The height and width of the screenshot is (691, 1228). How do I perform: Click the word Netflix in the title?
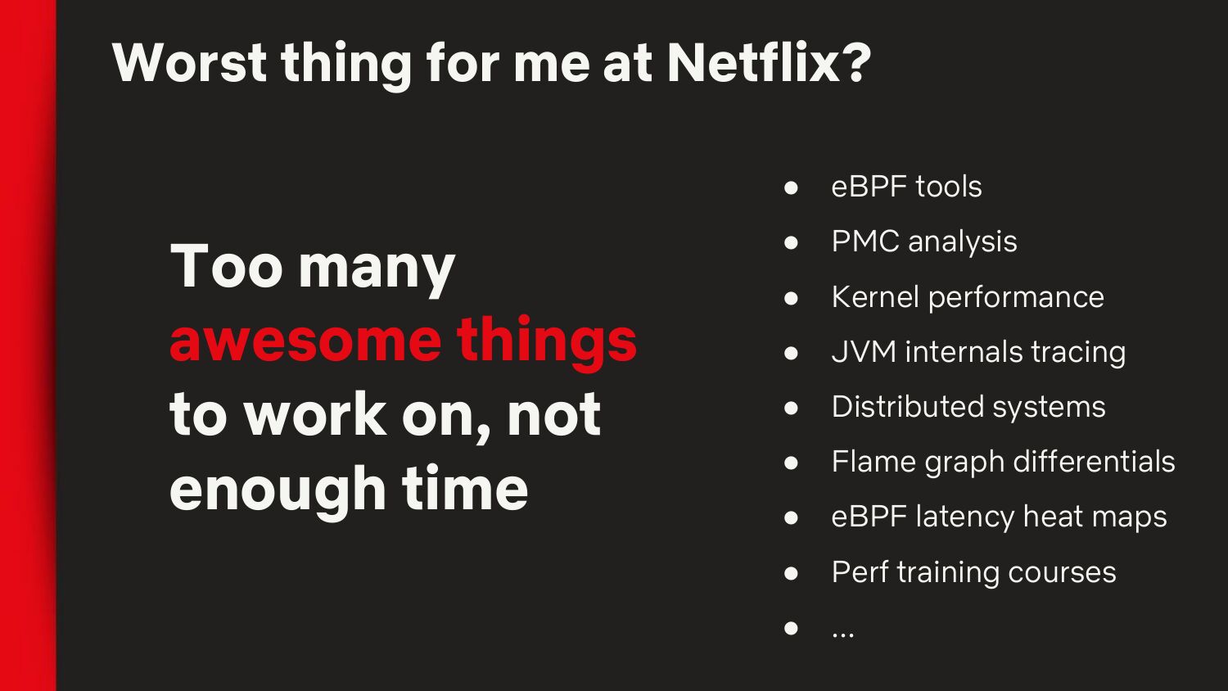coord(750,62)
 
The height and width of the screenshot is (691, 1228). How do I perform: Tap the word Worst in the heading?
coord(190,62)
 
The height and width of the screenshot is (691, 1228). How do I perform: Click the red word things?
coord(547,343)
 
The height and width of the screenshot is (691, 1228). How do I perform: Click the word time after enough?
coord(465,487)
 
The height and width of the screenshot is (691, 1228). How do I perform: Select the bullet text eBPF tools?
coord(907,187)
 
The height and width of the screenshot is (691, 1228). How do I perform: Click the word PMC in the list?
coord(865,242)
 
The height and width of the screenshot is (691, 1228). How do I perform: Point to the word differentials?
coord(1095,461)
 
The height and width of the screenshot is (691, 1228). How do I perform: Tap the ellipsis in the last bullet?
coord(842,636)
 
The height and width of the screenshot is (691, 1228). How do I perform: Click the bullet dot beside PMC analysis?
coord(791,242)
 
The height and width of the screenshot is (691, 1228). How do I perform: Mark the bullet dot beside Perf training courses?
coord(791,572)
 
